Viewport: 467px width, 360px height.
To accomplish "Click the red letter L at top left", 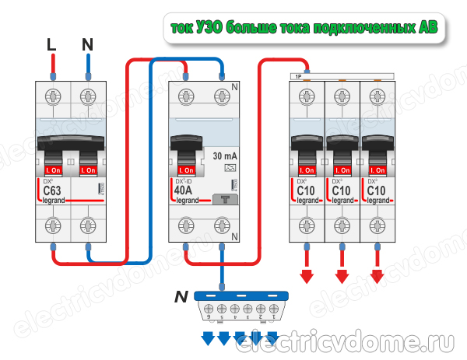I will coord(51,46).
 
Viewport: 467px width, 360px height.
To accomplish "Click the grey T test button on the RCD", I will coord(225,199).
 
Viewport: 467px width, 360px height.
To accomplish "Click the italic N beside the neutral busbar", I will coord(181,295).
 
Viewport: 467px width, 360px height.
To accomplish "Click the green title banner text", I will coord(304,28).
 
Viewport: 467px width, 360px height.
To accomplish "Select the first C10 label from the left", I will coord(305,191).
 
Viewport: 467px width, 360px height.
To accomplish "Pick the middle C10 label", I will coord(341,191).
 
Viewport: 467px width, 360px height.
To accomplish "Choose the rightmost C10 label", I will coord(377,191).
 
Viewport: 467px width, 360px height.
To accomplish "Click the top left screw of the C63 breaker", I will coord(51,96).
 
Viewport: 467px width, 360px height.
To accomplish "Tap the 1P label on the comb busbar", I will coord(297,76).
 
